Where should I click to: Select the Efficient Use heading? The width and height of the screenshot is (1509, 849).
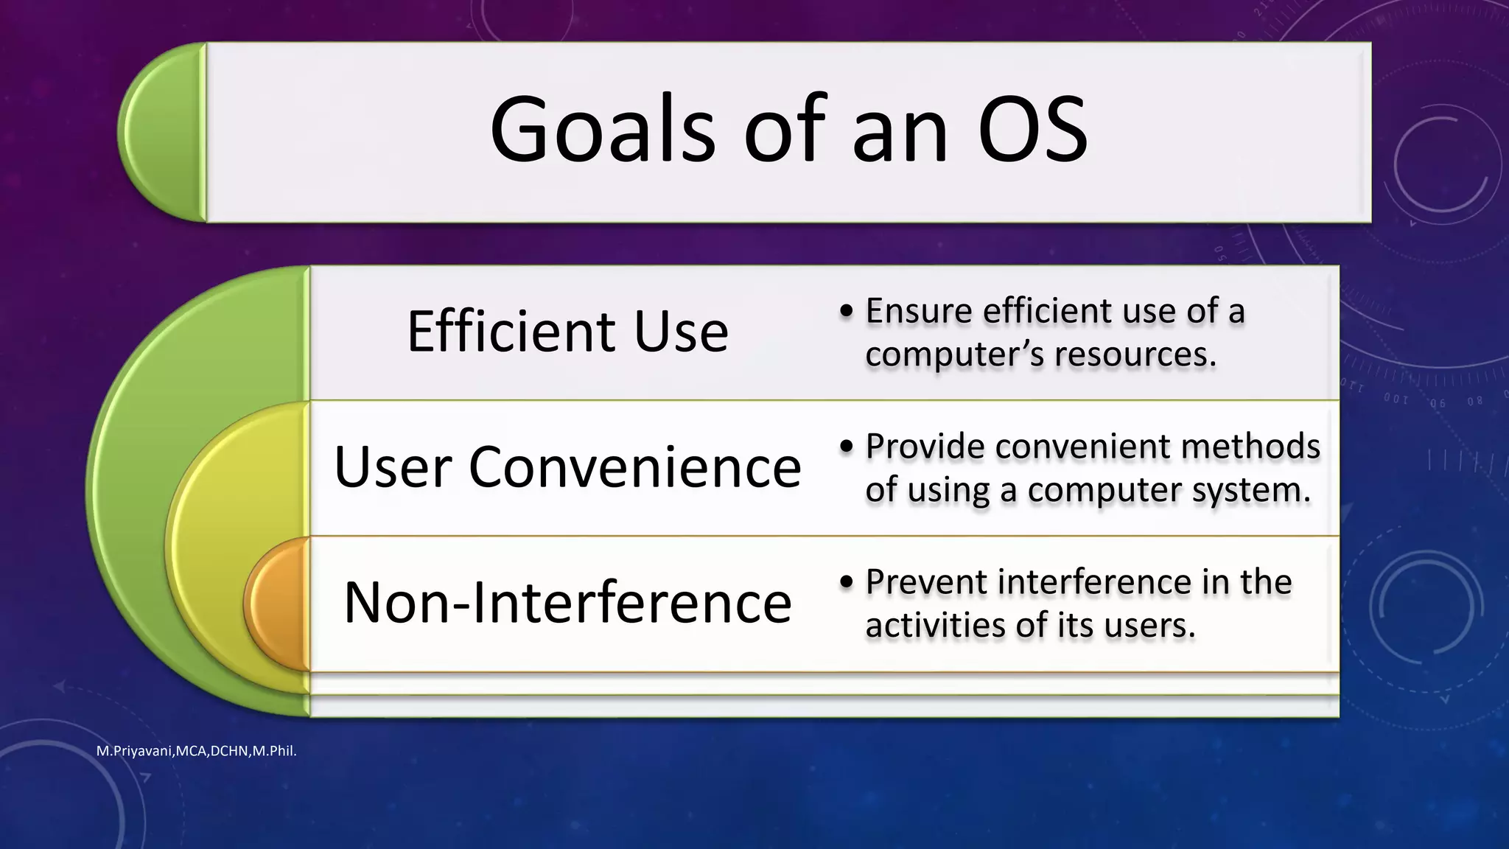pos(567,332)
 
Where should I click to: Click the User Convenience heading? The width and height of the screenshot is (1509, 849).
pos(567,467)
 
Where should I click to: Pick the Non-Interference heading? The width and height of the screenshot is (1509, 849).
pos(567,603)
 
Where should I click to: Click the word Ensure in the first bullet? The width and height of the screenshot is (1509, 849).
pos(918,311)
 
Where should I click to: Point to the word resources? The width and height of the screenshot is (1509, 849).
pos(1135,355)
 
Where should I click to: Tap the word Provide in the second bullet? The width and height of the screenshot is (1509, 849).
pos(924,447)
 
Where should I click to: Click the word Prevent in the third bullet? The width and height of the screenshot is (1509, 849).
pos(925,582)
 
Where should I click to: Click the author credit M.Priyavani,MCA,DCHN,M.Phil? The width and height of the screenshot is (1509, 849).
pos(197,752)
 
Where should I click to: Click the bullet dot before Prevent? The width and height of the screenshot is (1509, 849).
pos(847,583)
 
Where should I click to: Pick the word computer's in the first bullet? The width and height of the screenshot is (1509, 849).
pos(955,355)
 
